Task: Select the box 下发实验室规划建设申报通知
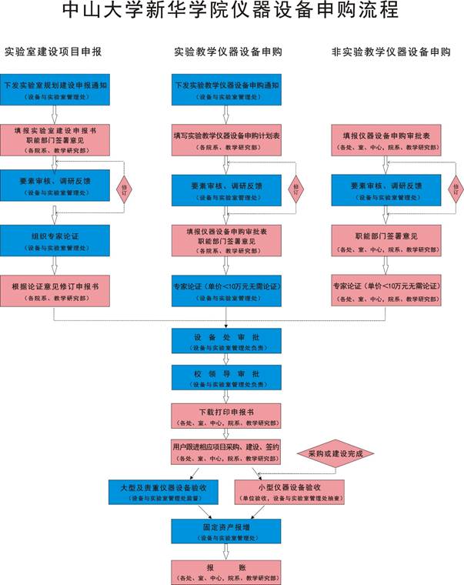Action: click(55, 89)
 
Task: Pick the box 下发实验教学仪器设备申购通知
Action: click(226, 89)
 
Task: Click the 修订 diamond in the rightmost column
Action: click(456, 187)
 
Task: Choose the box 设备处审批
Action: click(226, 340)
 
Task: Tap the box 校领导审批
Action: click(226, 377)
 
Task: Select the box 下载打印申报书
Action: click(226, 416)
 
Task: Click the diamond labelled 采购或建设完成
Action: click(335, 454)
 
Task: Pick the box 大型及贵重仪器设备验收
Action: click(163, 492)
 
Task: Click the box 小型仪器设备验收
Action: click(289, 492)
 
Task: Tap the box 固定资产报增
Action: click(226, 530)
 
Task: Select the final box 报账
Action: click(226, 570)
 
